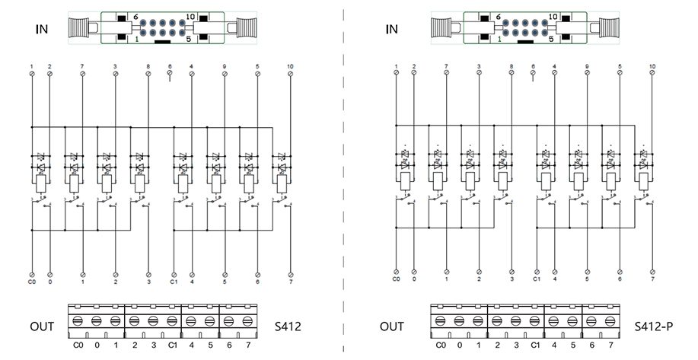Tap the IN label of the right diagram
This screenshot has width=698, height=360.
[392, 30]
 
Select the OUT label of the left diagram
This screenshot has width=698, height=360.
[42, 327]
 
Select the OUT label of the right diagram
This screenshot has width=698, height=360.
[392, 327]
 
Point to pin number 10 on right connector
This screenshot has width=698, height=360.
[553, 16]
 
